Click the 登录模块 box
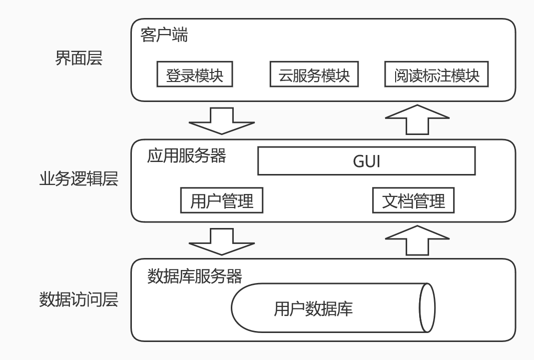pyautogui.click(x=194, y=74)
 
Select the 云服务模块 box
pyautogui.click(x=314, y=74)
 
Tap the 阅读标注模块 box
pyautogui.click(x=437, y=74)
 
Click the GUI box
pyautogui.click(x=366, y=161)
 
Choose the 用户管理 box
pyautogui.click(x=221, y=201)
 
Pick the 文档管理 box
pyautogui.click(x=413, y=201)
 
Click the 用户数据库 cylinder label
pyautogui.click(x=313, y=308)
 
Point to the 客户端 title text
pyautogui.click(x=164, y=35)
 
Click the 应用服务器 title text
pyautogui.click(x=186, y=156)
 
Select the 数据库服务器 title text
pyautogui.click(x=195, y=276)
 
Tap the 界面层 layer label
pyautogui.click(x=78, y=58)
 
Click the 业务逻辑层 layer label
pyautogui.click(x=78, y=178)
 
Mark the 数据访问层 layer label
pyautogui.click(x=78, y=299)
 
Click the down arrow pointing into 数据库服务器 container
pyautogui.click(x=222, y=240)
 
